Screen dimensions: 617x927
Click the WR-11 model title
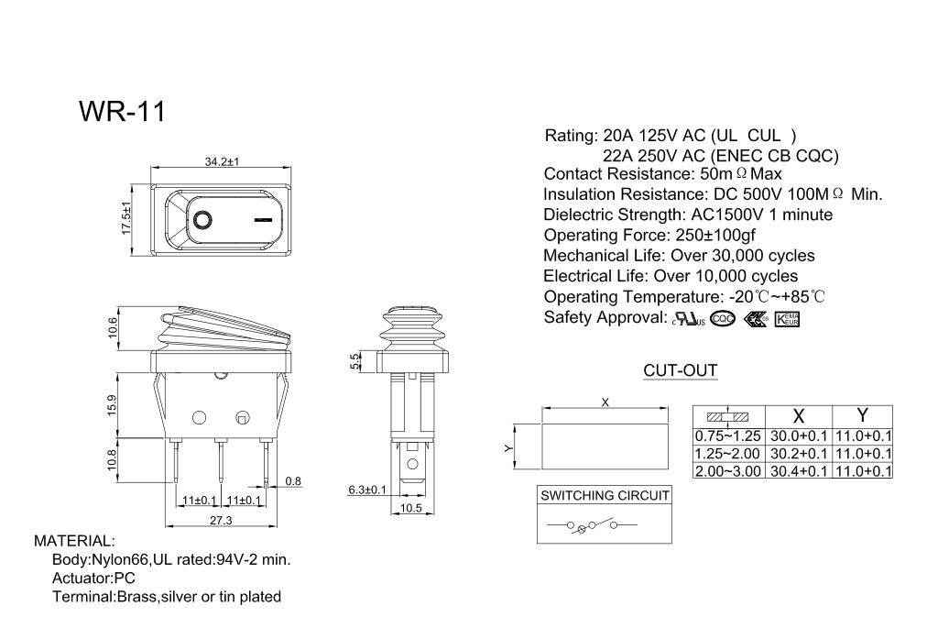pyautogui.click(x=122, y=111)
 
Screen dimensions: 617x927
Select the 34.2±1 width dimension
pyautogui.click(x=222, y=161)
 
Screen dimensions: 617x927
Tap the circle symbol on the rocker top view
pyautogui.click(x=202, y=220)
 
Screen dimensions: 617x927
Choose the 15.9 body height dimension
pyautogui.click(x=113, y=403)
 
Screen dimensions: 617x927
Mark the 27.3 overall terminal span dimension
pyautogui.click(x=221, y=520)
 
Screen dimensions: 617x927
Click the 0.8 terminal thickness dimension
pyautogui.click(x=293, y=480)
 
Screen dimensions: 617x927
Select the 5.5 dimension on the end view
pyautogui.click(x=355, y=361)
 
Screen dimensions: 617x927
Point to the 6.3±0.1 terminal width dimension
pyautogui.click(x=367, y=490)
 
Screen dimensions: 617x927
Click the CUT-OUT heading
pyautogui.click(x=680, y=370)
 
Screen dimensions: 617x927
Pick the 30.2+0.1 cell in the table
pyautogui.click(x=798, y=453)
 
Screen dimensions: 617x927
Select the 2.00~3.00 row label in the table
pyautogui.click(x=728, y=470)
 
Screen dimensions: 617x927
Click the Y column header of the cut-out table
pyautogui.click(x=862, y=414)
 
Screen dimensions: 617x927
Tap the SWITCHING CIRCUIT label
pyautogui.click(x=605, y=495)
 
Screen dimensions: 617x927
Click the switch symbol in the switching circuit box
pyautogui.click(x=591, y=525)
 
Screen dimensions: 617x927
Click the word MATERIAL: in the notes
pyautogui.click(x=74, y=541)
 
